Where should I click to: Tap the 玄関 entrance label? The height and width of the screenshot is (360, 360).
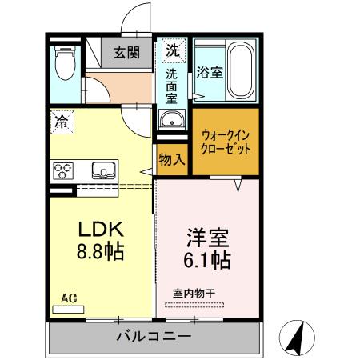[x=126, y=54]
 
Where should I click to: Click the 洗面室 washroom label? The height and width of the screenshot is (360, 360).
[x=172, y=87]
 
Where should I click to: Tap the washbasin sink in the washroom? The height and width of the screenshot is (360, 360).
[x=171, y=121]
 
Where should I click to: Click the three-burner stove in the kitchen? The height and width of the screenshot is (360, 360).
[x=64, y=171]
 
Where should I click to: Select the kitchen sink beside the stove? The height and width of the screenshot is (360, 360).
[x=104, y=170]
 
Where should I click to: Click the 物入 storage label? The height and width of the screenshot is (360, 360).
[x=172, y=159]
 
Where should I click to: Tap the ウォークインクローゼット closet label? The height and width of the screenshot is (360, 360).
[x=226, y=142]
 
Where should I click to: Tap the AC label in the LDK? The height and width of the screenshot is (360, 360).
[x=68, y=298]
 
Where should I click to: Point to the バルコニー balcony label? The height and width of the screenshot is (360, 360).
[x=153, y=336]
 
